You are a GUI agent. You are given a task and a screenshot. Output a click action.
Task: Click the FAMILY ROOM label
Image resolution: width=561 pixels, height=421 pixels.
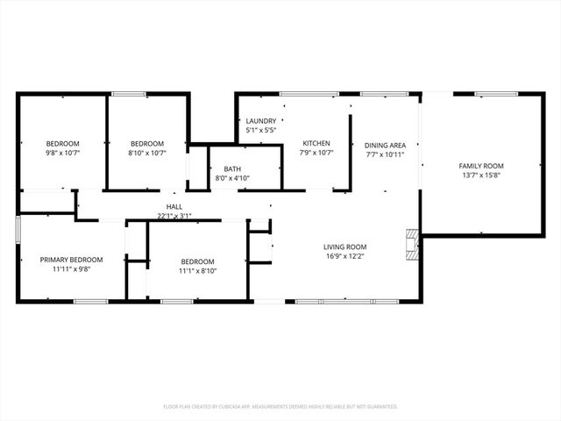click(481, 165)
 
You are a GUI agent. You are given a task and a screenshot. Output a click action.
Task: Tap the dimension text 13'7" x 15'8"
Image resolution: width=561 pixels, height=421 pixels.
click(481, 175)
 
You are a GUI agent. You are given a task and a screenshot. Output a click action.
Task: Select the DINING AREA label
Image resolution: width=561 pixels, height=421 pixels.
click(385, 145)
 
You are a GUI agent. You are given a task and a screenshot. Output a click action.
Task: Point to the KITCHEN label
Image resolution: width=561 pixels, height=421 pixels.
click(316, 143)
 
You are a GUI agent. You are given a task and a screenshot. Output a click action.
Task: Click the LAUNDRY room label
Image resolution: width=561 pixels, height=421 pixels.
click(261, 121)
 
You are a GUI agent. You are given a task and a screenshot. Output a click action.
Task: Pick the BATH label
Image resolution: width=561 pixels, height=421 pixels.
click(232, 168)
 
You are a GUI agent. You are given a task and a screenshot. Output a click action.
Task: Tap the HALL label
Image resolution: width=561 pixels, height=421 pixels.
click(174, 206)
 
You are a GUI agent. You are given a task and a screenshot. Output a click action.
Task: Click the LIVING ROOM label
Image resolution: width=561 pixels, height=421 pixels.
click(344, 246)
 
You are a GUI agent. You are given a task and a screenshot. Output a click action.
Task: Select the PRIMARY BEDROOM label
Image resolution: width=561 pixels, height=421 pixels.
click(72, 260)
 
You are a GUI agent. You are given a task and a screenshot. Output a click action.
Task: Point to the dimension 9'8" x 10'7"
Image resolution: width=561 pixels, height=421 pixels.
click(63, 153)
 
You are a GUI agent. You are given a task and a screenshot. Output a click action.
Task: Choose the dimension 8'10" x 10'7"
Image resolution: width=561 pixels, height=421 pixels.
click(147, 153)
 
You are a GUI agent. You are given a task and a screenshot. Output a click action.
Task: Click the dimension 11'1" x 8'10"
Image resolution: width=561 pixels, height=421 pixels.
click(197, 270)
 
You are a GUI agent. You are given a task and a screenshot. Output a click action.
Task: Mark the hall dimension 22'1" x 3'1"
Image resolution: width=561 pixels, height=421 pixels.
click(174, 215)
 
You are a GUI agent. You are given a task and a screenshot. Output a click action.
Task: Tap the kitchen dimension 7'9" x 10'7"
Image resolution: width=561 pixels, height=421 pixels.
click(316, 153)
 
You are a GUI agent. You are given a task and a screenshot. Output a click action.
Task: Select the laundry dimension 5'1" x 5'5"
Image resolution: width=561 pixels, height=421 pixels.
click(261, 131)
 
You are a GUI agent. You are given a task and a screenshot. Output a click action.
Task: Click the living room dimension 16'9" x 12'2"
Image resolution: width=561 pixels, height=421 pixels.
click(344, 256)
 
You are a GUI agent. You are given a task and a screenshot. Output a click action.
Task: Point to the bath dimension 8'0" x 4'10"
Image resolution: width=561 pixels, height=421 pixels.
click(232, 178)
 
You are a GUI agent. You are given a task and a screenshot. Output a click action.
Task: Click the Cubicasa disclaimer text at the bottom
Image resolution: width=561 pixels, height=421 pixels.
click(280, 407)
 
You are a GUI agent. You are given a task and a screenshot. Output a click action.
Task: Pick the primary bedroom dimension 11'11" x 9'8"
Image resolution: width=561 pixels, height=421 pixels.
click(72, 269)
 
